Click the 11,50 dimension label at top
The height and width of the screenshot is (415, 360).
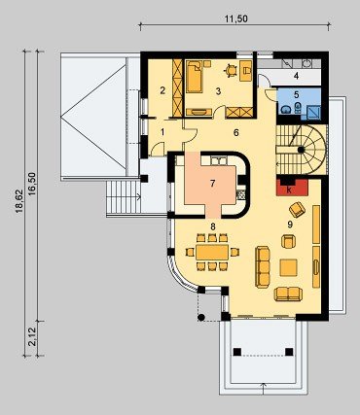[236, 18]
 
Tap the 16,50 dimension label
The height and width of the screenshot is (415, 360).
[33, 184]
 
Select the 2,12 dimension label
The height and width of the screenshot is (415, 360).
[33, 338]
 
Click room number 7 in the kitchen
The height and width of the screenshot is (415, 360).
[212, 184]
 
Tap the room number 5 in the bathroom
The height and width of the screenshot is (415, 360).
[296, 94]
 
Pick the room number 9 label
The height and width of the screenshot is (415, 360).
[290, 225]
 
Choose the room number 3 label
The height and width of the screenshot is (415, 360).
[218, 91]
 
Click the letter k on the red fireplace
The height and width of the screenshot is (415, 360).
[289, 190]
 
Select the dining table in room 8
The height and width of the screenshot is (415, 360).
[212, 252]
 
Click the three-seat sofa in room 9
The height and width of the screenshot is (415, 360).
[263, 267]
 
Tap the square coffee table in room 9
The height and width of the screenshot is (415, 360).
[289, 267]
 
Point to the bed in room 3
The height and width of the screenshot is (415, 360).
[195, 76]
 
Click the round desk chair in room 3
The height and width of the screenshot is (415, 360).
[231, 70]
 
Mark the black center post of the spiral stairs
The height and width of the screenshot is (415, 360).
[301, 150]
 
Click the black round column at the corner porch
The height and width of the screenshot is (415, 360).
[201, 318]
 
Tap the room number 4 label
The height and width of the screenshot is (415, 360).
[296, 77]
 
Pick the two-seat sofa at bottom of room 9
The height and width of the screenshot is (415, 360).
[288, 294]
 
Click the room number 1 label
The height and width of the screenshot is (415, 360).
[162, 132]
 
